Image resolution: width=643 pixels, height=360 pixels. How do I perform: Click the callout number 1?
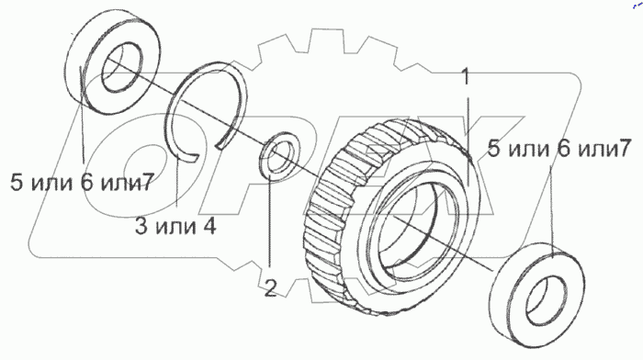point(465,76)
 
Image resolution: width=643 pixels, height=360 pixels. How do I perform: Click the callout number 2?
point(270,287)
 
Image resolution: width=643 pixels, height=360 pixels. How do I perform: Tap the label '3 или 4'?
point(175,226)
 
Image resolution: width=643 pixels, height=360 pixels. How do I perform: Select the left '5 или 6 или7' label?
point(82,182)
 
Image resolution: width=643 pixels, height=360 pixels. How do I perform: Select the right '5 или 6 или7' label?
point(559,148)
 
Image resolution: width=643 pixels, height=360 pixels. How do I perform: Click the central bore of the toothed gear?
point(418,225)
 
